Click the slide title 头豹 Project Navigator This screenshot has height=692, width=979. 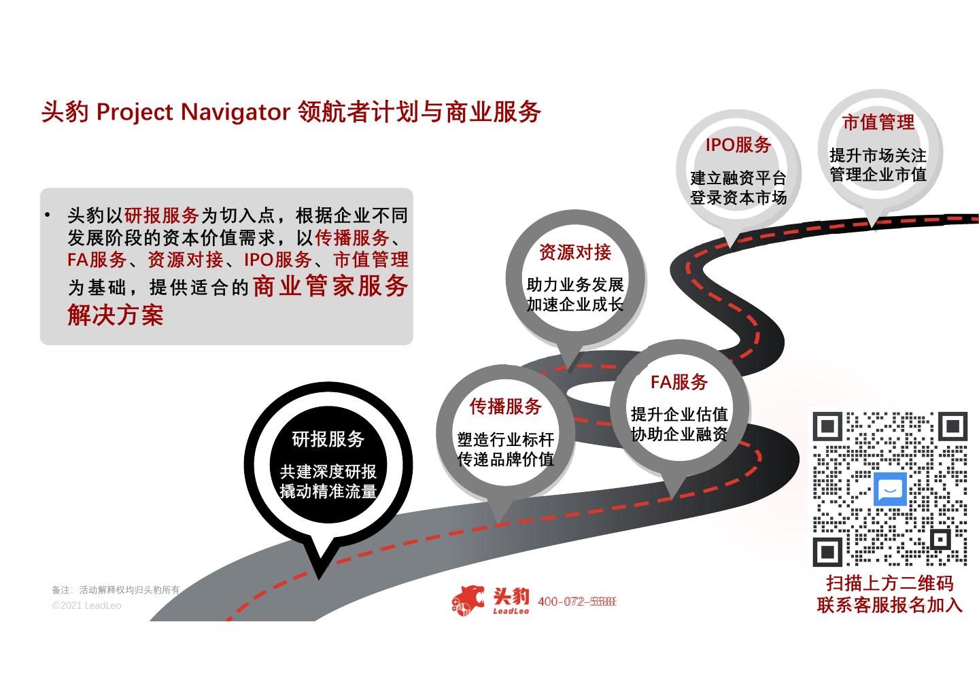[290, 111]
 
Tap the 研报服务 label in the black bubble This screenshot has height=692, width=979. [328, 439]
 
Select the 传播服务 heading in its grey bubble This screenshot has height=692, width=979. [505, 406]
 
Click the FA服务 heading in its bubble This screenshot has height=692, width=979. [679, 382]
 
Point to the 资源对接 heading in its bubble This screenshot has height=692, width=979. [575, 252]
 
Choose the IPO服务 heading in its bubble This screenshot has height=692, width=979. [738, 145]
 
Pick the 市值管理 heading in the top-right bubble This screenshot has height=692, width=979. [878, 122]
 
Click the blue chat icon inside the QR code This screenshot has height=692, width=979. [890, 489]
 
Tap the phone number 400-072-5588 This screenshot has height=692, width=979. [577, 602]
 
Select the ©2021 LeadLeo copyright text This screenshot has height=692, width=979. [86, 606]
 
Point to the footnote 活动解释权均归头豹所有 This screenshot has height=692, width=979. [129, 590]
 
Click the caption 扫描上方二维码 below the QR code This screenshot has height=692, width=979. [890, 583]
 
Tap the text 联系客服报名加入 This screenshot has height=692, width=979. [890, 605]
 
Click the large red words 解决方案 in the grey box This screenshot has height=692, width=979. [116, 315]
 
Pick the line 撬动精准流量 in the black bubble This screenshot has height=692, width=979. [328, 491]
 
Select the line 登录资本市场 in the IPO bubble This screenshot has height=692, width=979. [738, 198]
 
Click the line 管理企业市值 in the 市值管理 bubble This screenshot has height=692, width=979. [878, 175]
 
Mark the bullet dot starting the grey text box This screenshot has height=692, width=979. [48, 215]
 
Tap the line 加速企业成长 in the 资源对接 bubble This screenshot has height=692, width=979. [575, 305]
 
